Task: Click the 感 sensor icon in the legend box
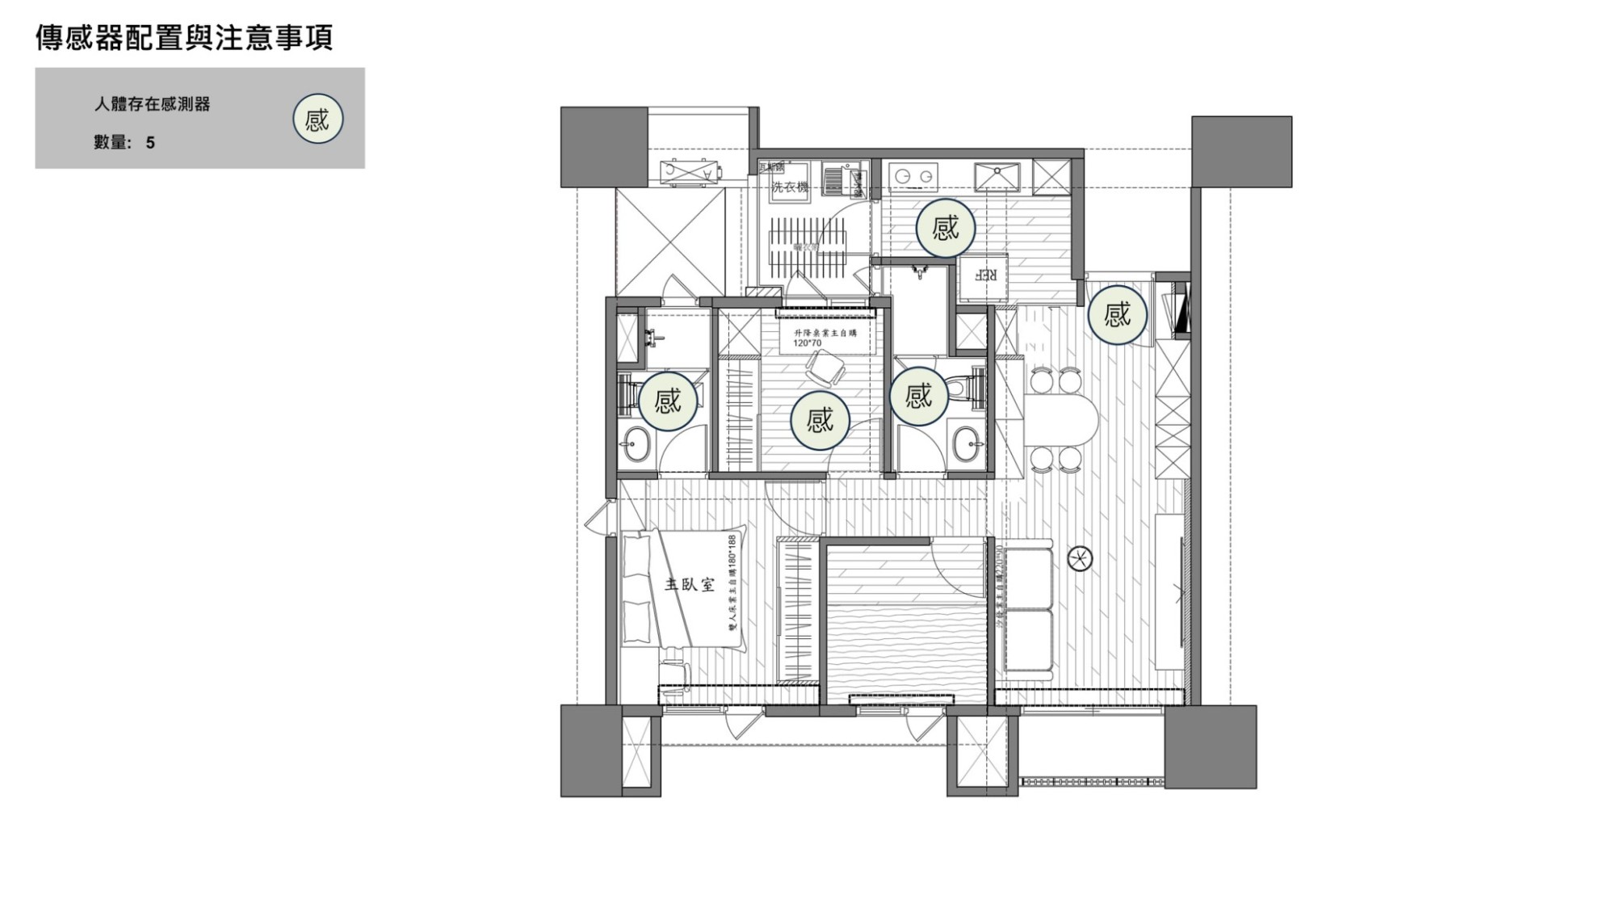click(317, 120)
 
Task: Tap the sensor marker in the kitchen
click(945, 228)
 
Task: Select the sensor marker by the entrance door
click(1117, 313)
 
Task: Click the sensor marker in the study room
click(819, 419)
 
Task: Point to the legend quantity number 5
click(150, 143)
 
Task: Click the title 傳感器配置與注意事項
click(184, 38)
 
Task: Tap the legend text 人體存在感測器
click(152, 104)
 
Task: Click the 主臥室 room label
click(689, 583)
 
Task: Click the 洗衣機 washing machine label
click(789, 187)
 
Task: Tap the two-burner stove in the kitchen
click(913, 175)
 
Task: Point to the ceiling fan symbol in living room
click(1080, 557)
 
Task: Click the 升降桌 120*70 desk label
click(824, 337)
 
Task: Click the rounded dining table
click(1062, 419)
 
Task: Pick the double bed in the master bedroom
click(693, 587)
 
